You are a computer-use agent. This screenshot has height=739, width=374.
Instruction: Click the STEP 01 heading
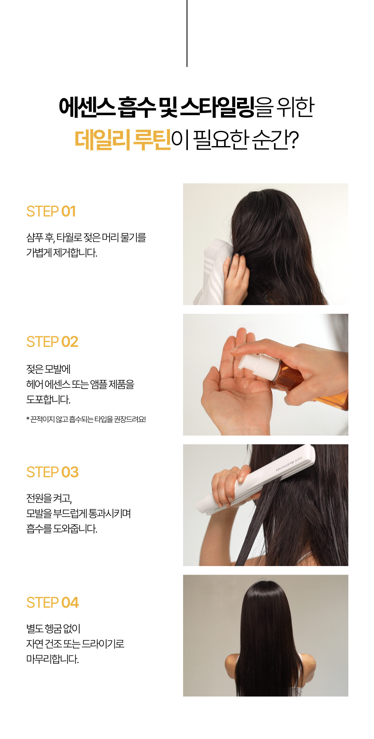[x=51, y=211]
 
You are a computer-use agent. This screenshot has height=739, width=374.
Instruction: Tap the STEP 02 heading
[x=52, y=342]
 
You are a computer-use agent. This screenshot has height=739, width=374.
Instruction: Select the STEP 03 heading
[x=53, y=472]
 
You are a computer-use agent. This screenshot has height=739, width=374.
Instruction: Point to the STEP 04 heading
[x=53, y=603]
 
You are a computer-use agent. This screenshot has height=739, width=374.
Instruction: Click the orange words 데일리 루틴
[x=123, y=140]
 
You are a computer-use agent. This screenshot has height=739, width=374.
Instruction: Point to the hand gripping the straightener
[x=230, y=485]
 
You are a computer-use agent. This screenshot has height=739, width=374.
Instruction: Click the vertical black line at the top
[x=187, y=33]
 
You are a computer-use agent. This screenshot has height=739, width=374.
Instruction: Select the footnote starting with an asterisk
[x=86, y=419]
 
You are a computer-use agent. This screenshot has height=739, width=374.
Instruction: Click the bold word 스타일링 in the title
[x=217, y=107]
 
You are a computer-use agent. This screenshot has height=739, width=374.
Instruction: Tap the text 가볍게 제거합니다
[x=62, y=253]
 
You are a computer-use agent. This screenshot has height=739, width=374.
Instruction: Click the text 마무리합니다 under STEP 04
[x=53, y=659]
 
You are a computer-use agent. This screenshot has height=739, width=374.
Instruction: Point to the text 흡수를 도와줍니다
[x=62, y=529]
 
